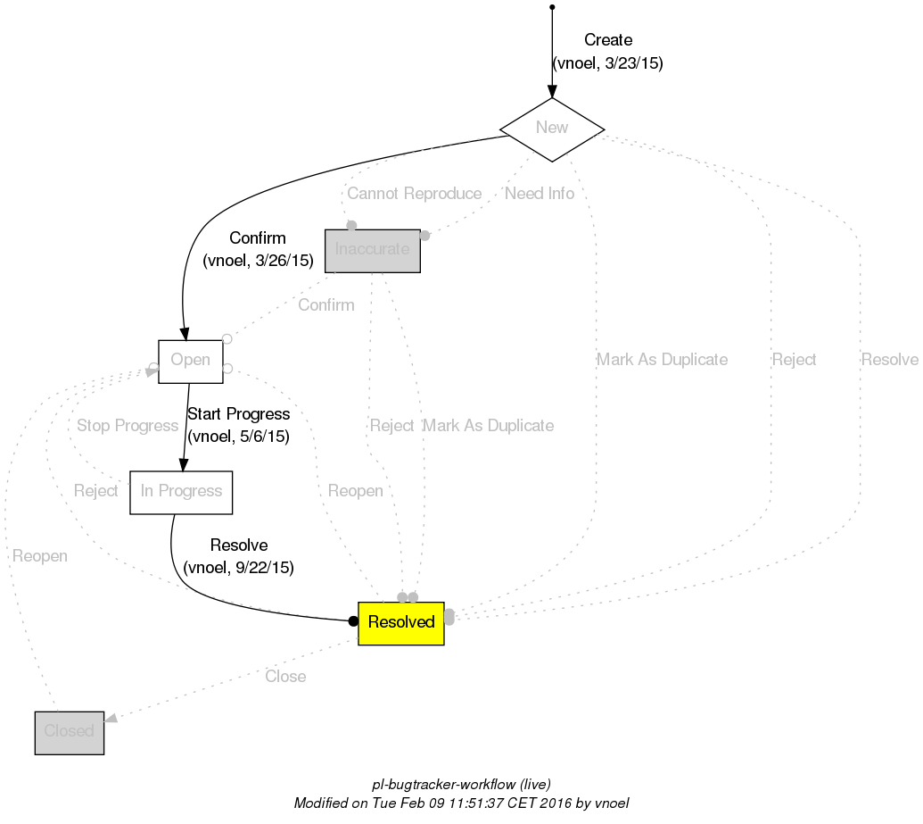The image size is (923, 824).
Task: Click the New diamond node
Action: coord(552,129)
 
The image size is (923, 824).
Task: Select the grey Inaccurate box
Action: coord(372,250)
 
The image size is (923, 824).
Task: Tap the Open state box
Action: coord(190,361)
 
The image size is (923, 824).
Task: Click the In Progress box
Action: coord(181,492)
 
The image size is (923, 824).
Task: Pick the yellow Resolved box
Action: coord(400,622)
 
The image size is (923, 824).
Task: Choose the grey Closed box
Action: coord(70,732)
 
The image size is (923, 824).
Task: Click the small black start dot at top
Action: coord(552,7)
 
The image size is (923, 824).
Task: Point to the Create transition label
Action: coord(608,40)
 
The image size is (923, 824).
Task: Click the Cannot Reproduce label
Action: coord(414,194)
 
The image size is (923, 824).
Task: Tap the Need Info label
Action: coord(540,194)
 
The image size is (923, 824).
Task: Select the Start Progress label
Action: coord(238,414)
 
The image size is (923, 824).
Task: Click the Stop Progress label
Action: coord(128,426)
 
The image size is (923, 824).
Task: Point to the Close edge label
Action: coord(285,677)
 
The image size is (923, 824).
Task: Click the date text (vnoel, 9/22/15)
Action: coord(238,567)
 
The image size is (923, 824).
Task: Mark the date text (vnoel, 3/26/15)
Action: coord(258,261)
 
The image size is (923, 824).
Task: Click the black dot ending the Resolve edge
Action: coord(353,620)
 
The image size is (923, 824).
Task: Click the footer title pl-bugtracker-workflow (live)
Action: coord(455,785)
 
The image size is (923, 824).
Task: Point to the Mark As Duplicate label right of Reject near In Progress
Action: coord(488,426)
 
